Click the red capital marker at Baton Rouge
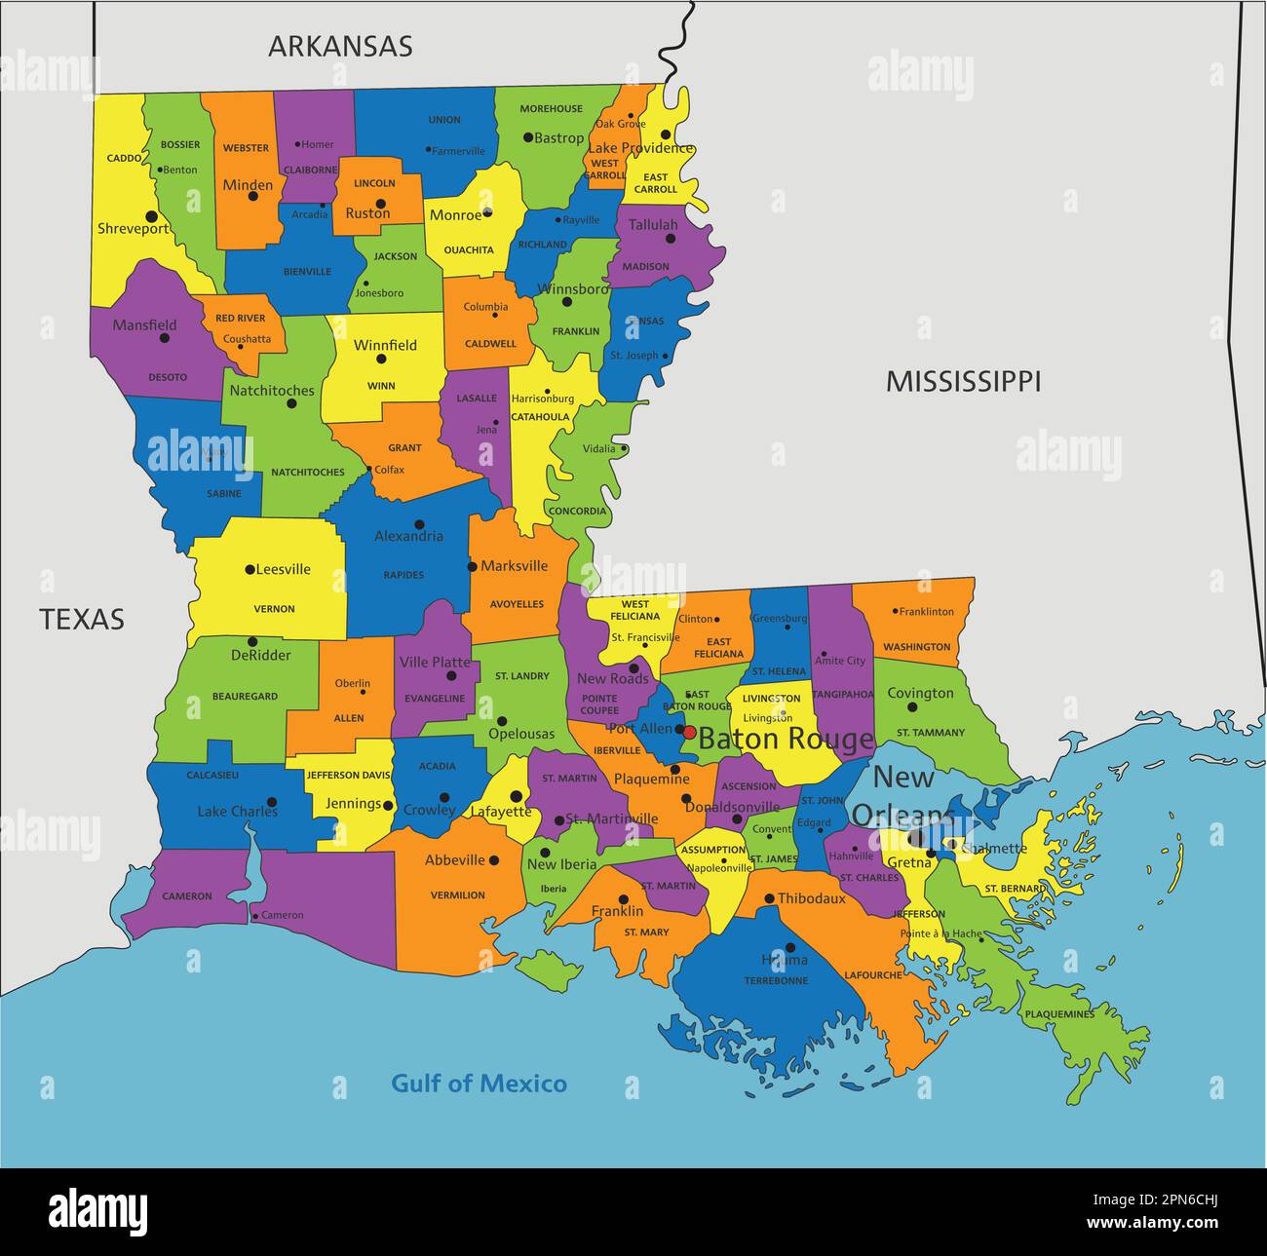[x=689, y=732]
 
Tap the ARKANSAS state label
[x=340, y=46]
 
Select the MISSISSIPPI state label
[x=963, y=382]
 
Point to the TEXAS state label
[x=82, y=619]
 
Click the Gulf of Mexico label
[x=479, y=1084]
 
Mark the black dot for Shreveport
[x=151, y=216]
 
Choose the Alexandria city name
[x=408, y=536]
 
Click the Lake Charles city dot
[x=272, y=803]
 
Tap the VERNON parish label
[x=274, y=609]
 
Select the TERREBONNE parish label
[x=776, y=981]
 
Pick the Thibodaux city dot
[x=769, y=898]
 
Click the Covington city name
[x=920, y=694]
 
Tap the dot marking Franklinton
[x=894, y=612]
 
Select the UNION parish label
[x=444, y=120]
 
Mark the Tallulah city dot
[x=671, y=239]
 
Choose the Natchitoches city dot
[x=290, y=403]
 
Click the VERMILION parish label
[x=457, y=895]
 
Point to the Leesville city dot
[x=250, y=569]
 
